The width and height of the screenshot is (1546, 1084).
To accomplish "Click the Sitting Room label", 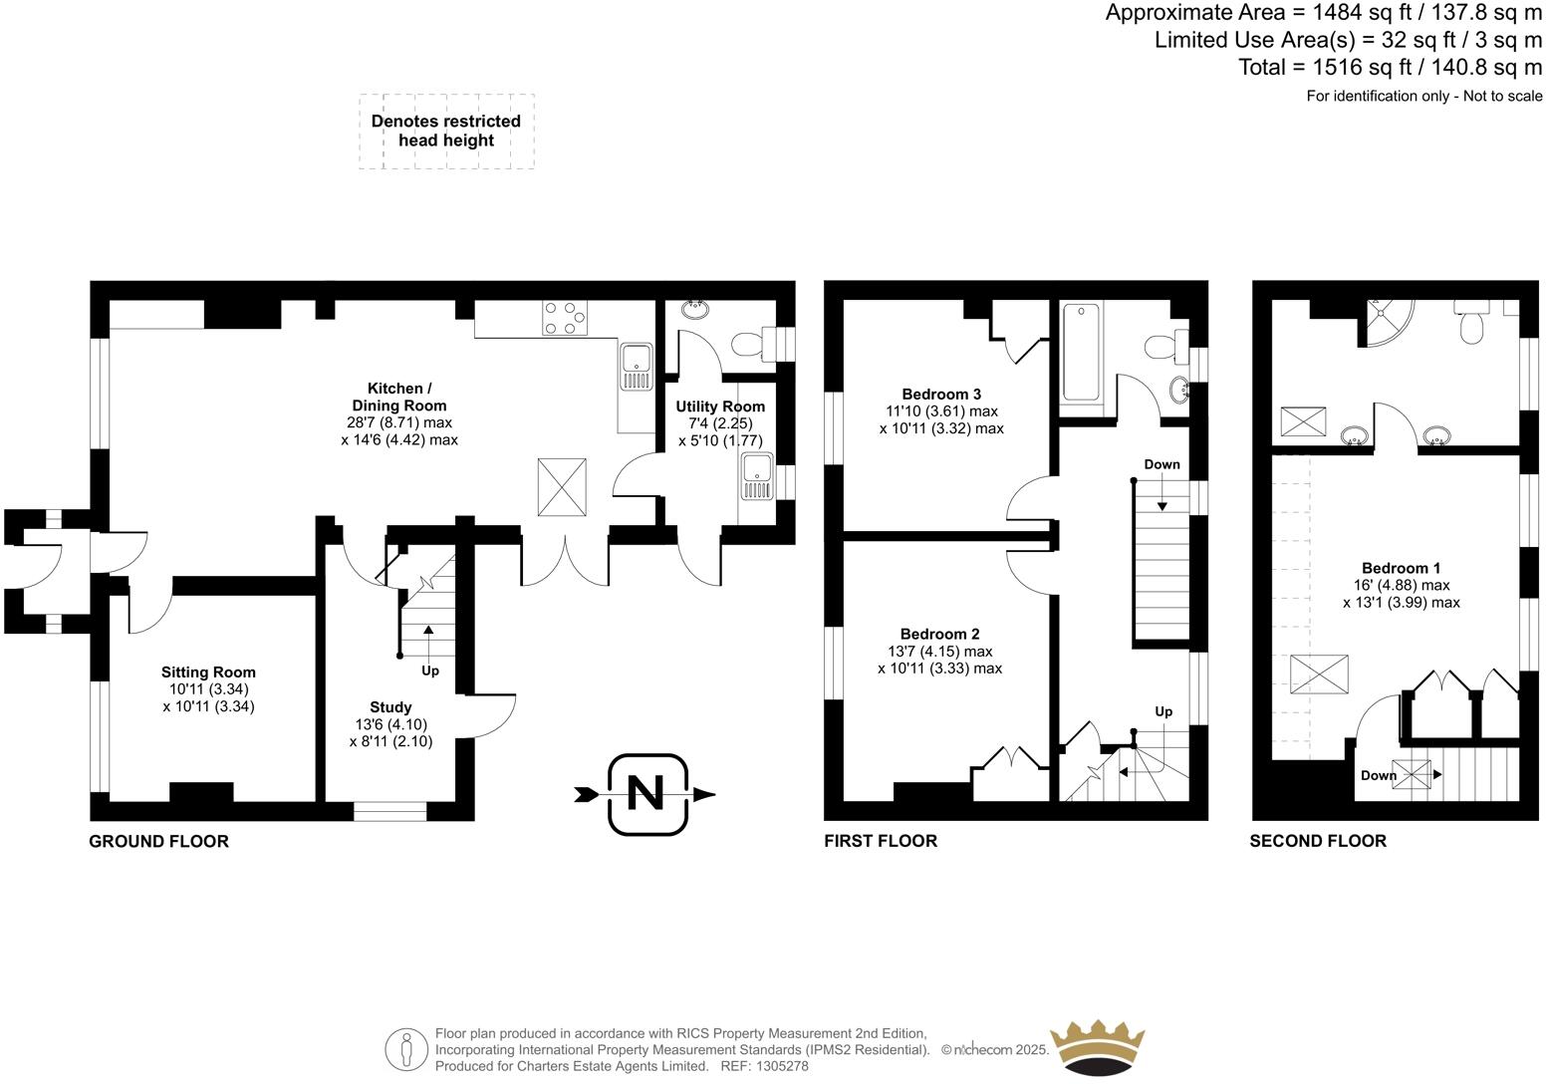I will (x=208, y=673).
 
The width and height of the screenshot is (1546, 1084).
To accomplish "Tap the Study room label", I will (x=390, y=707).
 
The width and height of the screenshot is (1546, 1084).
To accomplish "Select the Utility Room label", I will (x=720, y=406).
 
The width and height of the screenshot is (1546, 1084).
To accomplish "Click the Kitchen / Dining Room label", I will (x=398, y=397).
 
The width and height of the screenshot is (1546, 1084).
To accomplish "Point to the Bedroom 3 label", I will (x=941, y=394).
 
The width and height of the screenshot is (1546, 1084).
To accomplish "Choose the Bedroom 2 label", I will (x=939, y=635).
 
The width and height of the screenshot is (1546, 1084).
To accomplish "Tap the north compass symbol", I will (x=646, y=794).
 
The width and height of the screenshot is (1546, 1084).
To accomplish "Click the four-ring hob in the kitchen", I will (x=564, y=318).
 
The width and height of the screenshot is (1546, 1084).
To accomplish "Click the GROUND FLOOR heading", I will (x=159, y=842).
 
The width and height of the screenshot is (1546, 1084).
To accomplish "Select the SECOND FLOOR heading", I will (x=1318, y=842).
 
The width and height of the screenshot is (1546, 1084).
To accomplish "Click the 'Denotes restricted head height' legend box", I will (x=446, y=132).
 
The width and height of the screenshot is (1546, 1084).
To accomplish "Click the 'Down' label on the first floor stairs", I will (x=1161, y=464).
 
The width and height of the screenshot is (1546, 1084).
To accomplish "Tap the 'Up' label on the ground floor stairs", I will (x=430, y=671).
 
